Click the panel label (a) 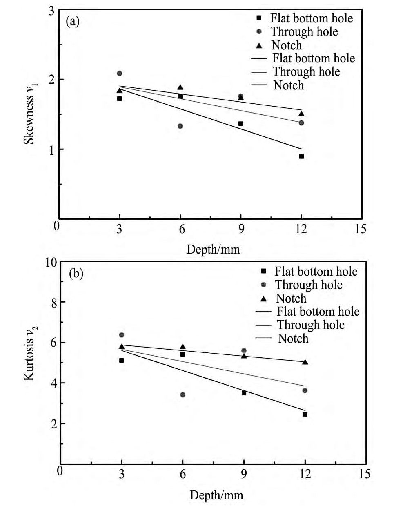[x=72, y=21]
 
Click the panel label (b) [x=76, y=273]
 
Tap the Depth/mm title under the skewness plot [x=213, y=249]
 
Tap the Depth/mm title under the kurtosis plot [x=216, y=495]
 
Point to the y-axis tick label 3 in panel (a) [x=51, y=11]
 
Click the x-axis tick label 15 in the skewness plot [x=360, y=229]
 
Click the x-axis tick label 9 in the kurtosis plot [x=244, y=474]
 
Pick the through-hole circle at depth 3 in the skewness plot [x=119, y=74]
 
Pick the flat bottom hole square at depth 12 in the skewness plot [x=301, y=156]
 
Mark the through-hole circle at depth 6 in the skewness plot [x=180, y=126]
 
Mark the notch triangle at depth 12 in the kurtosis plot [x=305, y=362]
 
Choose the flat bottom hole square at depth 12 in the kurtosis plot [x=305, y=414]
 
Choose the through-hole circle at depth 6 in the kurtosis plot [x=183, y=394]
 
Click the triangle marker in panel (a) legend [x=259, y=45]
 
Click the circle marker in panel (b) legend [x=263, y=285]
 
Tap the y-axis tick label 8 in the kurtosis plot [x=53, y=302]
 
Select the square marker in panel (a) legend [x=259, y=18]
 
